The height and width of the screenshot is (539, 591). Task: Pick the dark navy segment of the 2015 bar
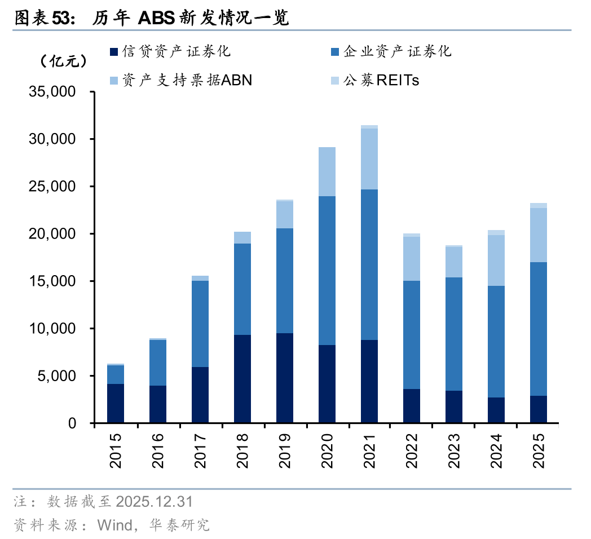pyautogui.click(x=116, y=403)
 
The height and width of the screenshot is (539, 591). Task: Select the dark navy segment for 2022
pyautogui.click(x=412, y=405)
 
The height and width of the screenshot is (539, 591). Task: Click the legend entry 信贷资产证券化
pyautogui.click(x=169, y=52)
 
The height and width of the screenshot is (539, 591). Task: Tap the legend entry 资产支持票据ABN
pyautogui.click(x=180, y=80)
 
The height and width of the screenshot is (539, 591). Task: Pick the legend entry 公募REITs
pyautogui.click(x=375, y=80)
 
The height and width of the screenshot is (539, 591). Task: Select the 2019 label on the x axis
pyautogui.click(x=285, y=451)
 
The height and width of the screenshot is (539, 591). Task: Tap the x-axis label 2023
pyautogui.click(x=454, y=451)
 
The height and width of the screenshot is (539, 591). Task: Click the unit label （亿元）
pyautogui.click(x=64, y=61)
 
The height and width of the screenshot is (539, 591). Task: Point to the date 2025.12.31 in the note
pyautogui.click(x=154, y=501)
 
